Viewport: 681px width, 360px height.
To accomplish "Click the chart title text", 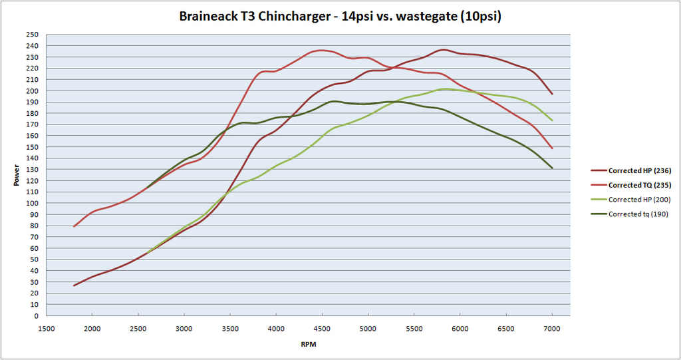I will [x=340, y=16].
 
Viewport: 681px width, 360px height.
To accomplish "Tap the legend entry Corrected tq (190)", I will [x=638, y=214].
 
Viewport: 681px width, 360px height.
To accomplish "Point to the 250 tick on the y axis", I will [x=33, y=35].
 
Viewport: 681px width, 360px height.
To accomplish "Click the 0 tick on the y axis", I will [x=36, y=316].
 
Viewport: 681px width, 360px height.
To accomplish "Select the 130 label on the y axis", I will [x=33, y=170].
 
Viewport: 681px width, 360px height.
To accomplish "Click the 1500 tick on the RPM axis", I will [x=46, y=328].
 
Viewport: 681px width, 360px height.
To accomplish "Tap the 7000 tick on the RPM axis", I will [x=552, y=328].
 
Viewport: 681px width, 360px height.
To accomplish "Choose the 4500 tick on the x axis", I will [x=322, y=328].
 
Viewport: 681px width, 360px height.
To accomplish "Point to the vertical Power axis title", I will [x=16, y=176].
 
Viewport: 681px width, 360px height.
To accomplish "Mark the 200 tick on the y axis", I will [x=33, y=91].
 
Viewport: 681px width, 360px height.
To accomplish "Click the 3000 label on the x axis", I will [x=184, y=328].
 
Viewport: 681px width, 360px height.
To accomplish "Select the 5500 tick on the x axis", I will [x=414, y=328].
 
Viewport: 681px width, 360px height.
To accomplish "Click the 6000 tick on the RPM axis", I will [x=460, y=328].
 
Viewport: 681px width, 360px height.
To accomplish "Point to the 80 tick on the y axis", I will [x=35, y=226].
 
